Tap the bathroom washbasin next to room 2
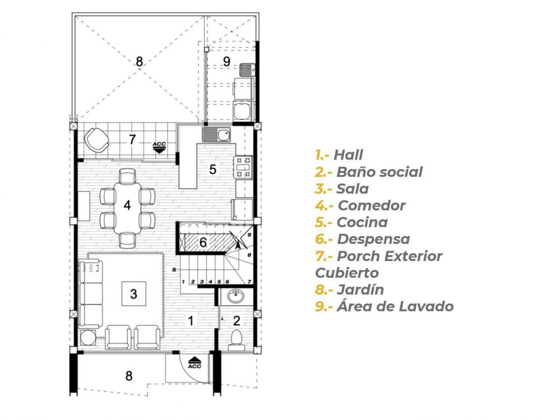click(236, 296)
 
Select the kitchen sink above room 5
click(216, 135)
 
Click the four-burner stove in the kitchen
click(243, 167)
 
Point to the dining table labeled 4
click(127, 208)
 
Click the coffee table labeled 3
click(134, 294)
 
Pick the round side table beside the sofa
click(88, 337)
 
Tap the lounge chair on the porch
click(97, 140)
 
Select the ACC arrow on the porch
click(159, 147)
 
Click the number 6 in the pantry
click(203, 243)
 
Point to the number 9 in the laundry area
click(226, 61)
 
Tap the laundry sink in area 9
click(247, 70)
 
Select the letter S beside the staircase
click(174, 270)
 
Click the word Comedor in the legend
click(372, 205)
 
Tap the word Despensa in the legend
click(374, 239)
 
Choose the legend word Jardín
click(360, 289)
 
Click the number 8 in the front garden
click(129, 376)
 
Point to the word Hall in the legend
click(348, 155)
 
